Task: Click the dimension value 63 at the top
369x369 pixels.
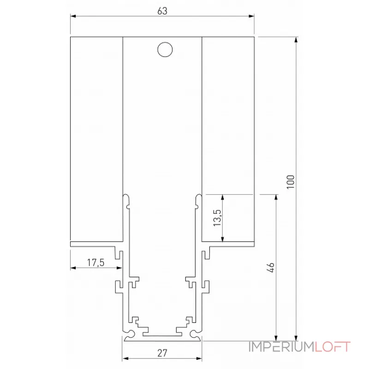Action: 162,11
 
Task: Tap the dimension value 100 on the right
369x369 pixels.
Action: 290,182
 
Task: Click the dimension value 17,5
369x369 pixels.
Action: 96,263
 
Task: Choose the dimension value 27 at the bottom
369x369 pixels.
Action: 162,353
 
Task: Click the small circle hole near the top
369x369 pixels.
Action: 164,50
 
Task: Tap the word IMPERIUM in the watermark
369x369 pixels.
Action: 281,347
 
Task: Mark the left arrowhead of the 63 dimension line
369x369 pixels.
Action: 73,17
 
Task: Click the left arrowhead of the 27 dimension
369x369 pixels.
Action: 125,358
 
